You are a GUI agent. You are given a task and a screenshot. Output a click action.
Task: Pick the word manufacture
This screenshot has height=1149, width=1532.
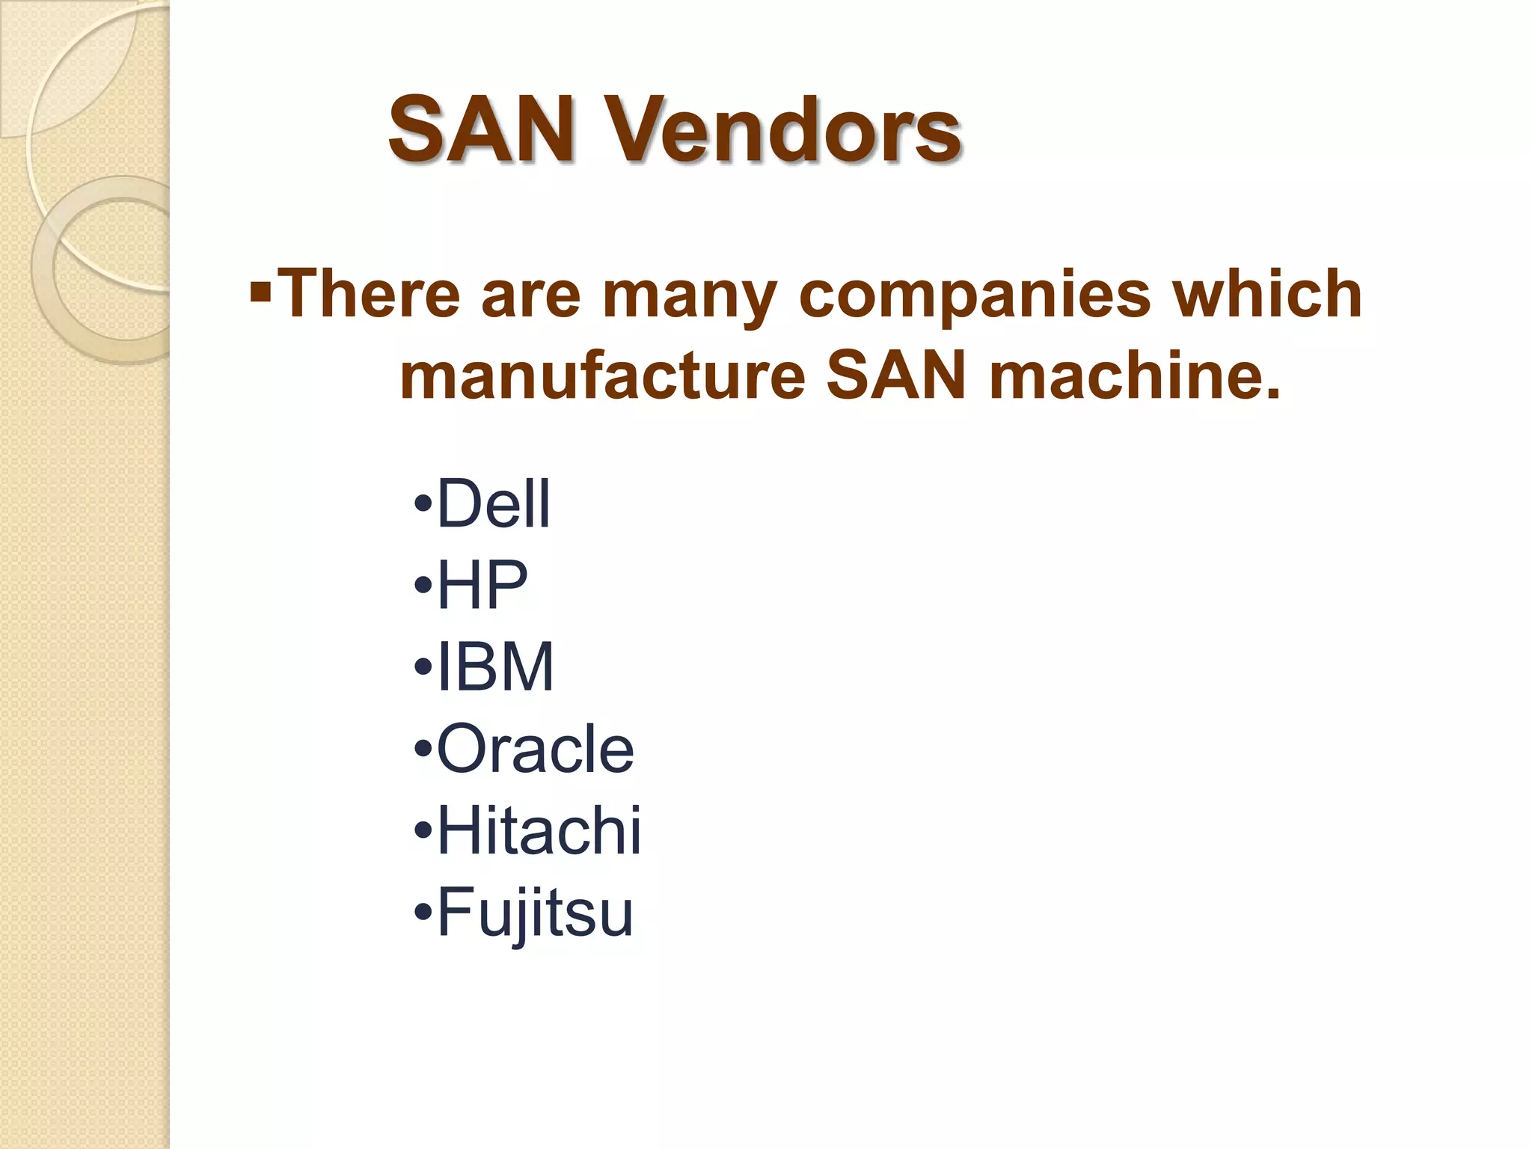pos(602,376)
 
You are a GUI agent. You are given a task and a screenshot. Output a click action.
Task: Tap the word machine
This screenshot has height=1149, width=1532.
pos(1133,376)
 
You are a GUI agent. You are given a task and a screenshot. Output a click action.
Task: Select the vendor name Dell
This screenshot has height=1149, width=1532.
pos(494,503)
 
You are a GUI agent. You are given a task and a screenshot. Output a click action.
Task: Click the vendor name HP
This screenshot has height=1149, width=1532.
pos(482,585)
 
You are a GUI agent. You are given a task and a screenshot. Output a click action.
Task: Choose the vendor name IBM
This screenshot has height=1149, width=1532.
pos(495,667)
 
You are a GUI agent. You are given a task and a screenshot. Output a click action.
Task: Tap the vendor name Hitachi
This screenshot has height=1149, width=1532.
pos(539,830)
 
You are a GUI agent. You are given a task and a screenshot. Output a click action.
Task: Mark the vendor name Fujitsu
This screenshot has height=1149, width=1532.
pos(535,913)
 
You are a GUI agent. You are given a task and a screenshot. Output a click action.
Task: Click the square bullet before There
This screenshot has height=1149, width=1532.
pos(260,287)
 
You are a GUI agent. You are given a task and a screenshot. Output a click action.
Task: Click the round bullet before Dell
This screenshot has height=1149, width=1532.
pos(423,503)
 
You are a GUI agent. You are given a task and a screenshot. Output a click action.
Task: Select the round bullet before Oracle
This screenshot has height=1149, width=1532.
pos(423,748)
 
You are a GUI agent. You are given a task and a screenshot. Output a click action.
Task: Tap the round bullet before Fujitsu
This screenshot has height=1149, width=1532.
pos(423,912)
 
